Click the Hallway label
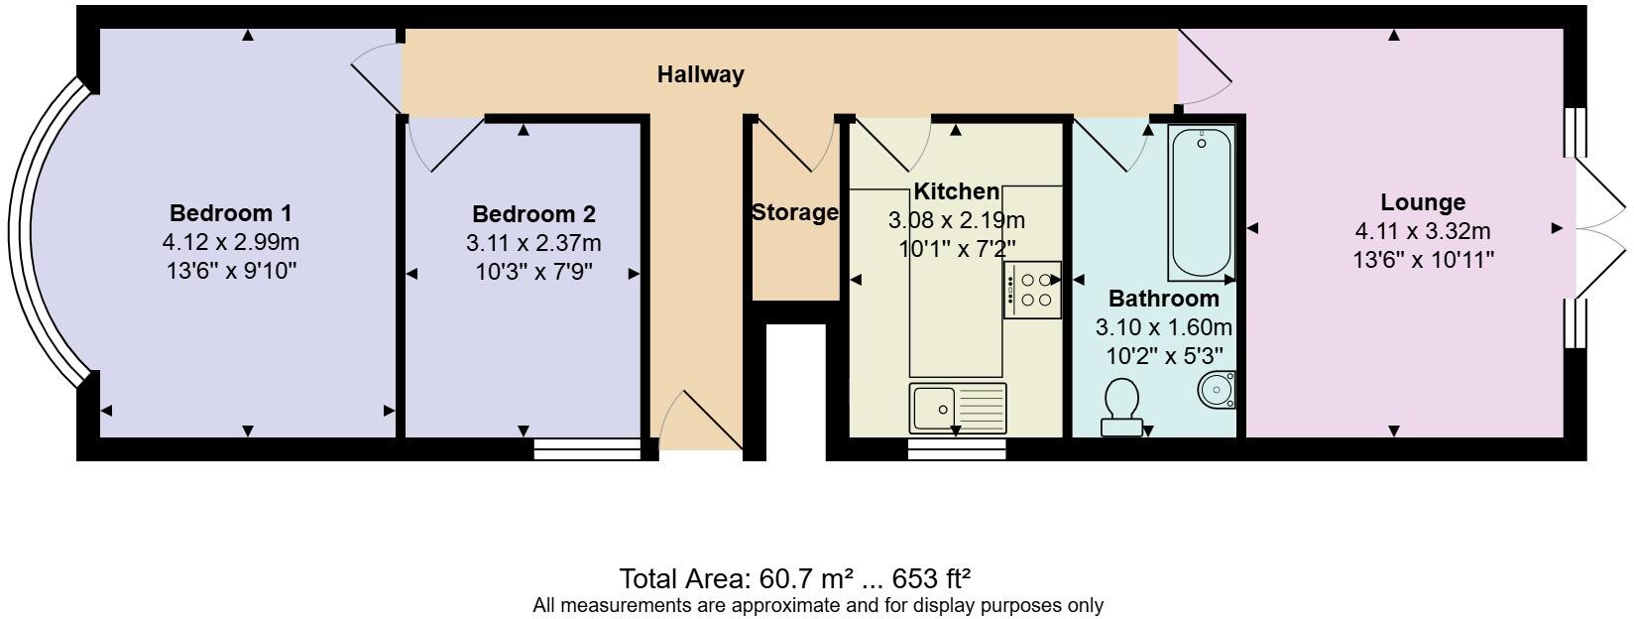(700, 74)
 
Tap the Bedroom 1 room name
(230, 213)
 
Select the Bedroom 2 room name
(533, 214)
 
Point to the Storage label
(794, 212)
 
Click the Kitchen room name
(956, 191)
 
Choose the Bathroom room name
(1163, 299)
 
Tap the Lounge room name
(1423, 202)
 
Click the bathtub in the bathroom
(1201, 202)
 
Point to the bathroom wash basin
(1218, 389)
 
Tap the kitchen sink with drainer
(957, 408)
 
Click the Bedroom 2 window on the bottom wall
(587, 449)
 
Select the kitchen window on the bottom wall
(957, 449)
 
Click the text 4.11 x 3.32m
(1423, 231)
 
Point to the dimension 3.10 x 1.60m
(1163, 326)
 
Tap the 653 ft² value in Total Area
(931, 578)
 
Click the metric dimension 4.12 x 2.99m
(230, 241)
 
